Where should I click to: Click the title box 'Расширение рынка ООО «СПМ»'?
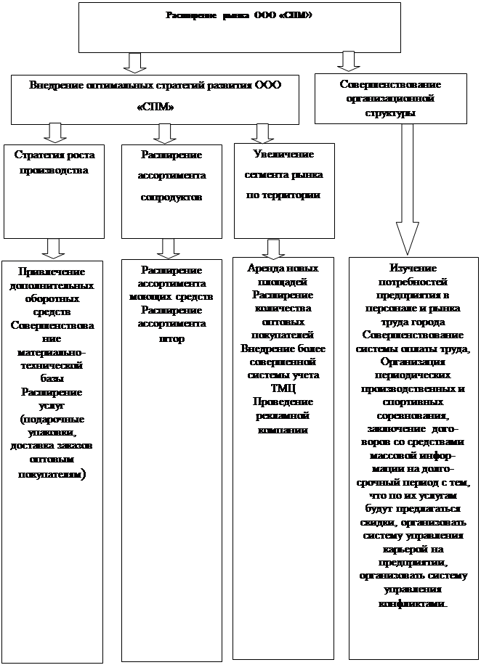pos(239,27)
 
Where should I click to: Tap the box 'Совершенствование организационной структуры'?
pos(390,99)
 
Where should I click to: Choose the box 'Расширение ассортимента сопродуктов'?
pos(171,190)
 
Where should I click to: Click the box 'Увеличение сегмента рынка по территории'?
pos(284,190)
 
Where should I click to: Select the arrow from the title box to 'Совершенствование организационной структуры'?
pos(349,61)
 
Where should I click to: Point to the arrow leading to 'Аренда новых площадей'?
pos(273,249)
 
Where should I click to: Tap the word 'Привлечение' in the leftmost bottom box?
pos(52,272)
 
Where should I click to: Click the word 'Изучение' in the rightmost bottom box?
pos(412,269)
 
